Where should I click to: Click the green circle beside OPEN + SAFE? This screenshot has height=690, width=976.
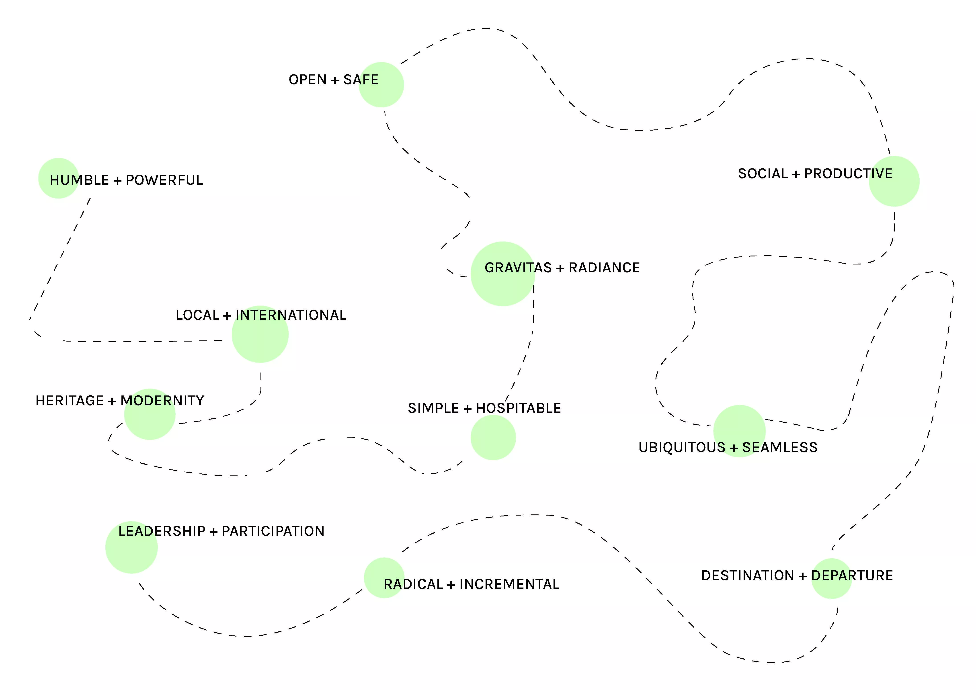click(x=381, y=85)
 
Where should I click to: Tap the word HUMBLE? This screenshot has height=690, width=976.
click(x=80, y=180)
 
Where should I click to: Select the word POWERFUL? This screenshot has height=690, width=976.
click(x=164, y=180)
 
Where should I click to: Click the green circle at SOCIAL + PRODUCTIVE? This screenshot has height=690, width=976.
click(x=894, y=182)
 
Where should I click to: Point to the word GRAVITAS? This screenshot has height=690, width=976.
click(x=518, y=268)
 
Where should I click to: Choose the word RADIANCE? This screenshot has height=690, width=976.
click(x=605, y=268)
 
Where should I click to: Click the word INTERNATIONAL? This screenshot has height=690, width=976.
click(x=291, y=315)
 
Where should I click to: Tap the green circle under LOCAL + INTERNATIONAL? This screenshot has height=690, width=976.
click(x=260, y=334)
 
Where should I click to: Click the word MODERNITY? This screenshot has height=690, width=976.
click(x=162, y=401)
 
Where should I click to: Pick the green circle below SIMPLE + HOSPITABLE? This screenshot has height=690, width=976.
click(x=493, y=438)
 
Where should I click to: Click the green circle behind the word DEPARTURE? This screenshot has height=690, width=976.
click(x=831, y=579)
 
